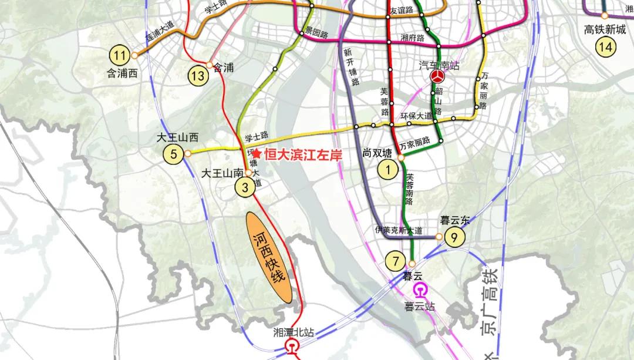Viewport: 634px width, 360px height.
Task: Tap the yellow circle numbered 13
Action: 198,75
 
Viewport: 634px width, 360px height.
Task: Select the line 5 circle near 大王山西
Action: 174,154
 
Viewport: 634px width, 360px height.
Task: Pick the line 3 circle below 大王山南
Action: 244,187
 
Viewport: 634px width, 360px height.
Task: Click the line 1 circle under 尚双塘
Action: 387,170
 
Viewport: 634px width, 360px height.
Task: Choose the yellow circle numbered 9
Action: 454,237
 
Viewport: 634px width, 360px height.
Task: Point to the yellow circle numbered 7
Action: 395,259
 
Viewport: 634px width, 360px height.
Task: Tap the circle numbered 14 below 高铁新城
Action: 605,46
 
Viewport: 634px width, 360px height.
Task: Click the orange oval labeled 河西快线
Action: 269,257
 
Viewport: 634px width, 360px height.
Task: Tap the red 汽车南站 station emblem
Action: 438,77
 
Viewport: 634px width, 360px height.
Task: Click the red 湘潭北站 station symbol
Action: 292,346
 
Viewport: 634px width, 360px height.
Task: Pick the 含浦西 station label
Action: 121,74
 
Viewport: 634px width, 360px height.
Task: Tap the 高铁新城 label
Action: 605,30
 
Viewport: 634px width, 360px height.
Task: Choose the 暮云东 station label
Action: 455,221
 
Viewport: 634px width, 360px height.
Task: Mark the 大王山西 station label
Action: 178,139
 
